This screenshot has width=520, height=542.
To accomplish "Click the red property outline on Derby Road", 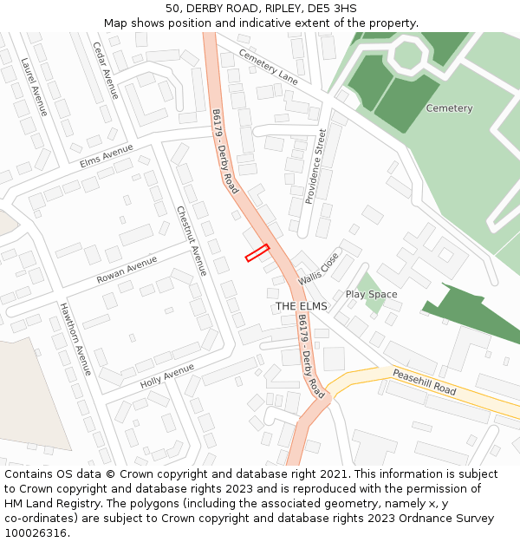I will coord(257,253).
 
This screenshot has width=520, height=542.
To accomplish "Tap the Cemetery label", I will coord(449,108).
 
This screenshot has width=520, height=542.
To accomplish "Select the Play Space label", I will coord(371,295).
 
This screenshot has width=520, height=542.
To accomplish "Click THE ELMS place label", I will coord(302,307).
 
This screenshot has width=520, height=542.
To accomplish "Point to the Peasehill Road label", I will coord(424,382).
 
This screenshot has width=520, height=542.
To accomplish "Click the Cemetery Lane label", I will coord(268,66).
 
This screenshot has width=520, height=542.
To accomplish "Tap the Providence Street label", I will coord(315,166).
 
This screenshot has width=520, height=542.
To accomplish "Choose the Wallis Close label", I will coord(319,269).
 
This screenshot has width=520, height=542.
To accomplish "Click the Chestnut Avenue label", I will coord(192,240).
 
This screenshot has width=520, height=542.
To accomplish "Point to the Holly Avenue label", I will coord(167,375).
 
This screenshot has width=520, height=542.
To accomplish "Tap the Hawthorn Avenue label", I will coord(75,338).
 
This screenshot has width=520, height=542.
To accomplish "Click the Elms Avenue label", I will coord(107,156).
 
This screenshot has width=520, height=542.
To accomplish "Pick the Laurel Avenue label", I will coord(34,87).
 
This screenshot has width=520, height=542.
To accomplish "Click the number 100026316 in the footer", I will coord(34,532).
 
